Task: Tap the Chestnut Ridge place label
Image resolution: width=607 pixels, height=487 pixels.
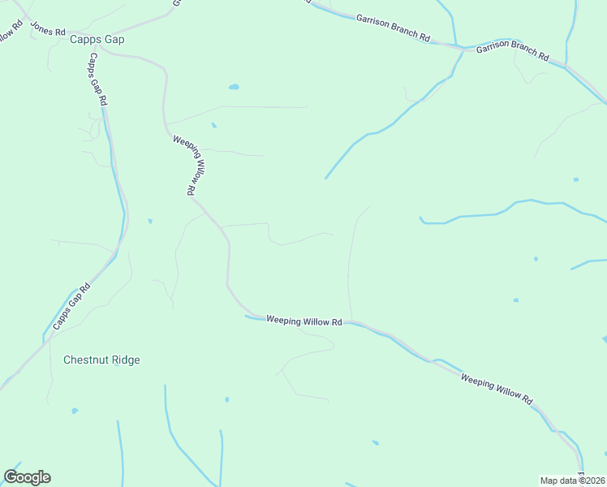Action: (101, 360)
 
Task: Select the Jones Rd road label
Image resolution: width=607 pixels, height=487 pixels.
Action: (47, 28)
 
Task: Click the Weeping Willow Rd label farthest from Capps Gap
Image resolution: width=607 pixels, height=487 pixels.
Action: (496, 390)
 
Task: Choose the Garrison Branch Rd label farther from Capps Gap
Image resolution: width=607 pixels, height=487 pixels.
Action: (512, 52)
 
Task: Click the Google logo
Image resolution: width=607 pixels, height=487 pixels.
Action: (27, 477)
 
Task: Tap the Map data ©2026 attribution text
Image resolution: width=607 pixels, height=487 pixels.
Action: (572, 481)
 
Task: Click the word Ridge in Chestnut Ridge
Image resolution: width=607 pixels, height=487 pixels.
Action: (125, 360)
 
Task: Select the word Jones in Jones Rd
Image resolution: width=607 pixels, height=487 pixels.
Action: (41, 25)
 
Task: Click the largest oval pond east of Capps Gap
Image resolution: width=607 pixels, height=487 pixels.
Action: (234, 87)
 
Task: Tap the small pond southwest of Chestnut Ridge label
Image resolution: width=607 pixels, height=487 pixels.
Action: (75, 411)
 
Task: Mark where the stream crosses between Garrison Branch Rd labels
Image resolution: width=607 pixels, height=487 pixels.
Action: (456, 45)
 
